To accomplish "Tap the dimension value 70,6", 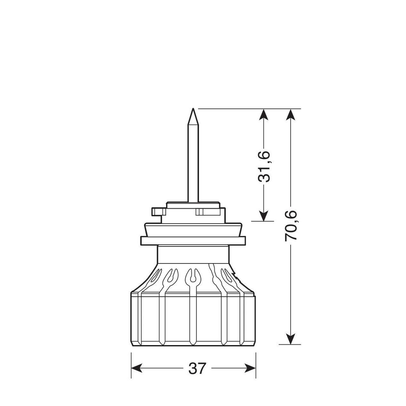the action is coord(291,226).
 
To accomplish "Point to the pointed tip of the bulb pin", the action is coord(193,108).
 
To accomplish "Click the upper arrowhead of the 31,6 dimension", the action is coord(263,114).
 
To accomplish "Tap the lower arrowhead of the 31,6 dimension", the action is coord(263,216).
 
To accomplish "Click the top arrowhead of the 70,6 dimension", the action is coord(291,114).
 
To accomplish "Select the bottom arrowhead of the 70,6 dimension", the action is coord(291,339).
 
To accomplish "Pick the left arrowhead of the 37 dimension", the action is coord(137,368).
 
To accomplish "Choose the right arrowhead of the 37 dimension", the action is coord(250,368).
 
